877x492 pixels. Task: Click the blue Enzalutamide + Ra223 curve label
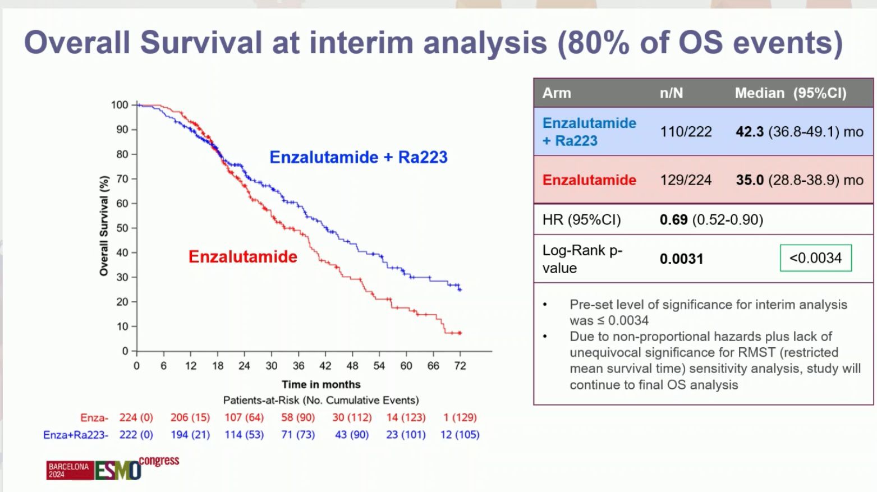point(358,157)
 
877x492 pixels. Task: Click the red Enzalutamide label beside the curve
point(243,257)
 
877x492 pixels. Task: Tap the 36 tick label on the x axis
point(299,366)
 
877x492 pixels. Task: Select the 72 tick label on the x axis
point(460,366)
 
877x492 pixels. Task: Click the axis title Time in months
point(321,384)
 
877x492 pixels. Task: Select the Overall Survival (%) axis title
point(104,226)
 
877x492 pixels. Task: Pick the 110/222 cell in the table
point(686,131)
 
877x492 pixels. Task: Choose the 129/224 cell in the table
point(686,180)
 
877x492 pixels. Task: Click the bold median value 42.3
point(750,131)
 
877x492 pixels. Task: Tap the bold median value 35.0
point(750,180)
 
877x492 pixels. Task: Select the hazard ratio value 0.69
point(673,219)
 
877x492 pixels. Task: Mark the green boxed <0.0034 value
point(816,258)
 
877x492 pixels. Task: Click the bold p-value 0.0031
point(682,259)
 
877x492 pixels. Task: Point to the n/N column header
point(672,93)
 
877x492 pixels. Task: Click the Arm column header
point(557,93)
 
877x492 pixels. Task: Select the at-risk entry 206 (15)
point(190,417)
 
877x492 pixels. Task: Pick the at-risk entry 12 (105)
point(460,435)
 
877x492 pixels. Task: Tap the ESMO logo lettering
point(118,470)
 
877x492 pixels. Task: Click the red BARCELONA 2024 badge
point(70,470)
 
